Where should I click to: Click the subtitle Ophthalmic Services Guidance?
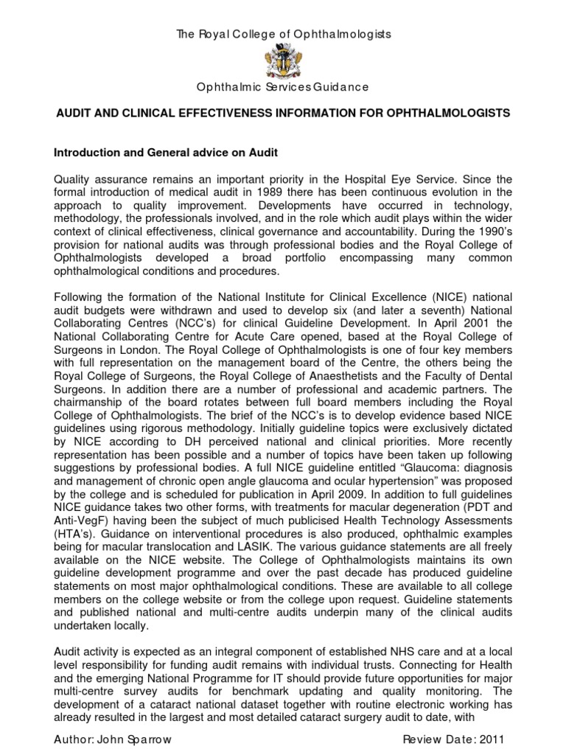(282, 88)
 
